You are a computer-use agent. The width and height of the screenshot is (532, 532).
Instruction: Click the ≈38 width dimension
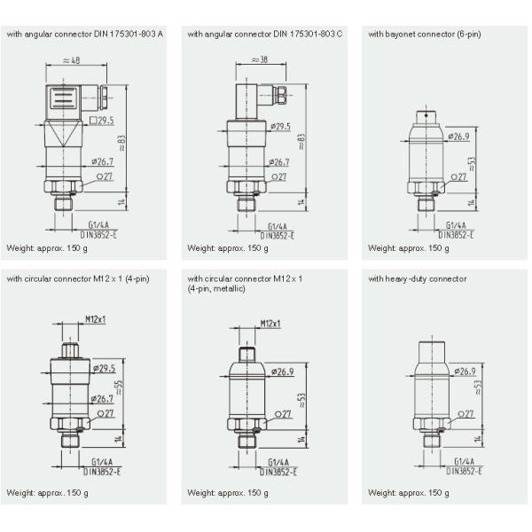click(256, 60)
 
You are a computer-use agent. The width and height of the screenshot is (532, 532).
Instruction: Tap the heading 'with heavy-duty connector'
click(417, 278)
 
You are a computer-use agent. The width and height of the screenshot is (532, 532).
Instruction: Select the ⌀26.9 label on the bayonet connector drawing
click(458, 137)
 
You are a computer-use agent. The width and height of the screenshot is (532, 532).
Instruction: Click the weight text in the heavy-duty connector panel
click(409, 492)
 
